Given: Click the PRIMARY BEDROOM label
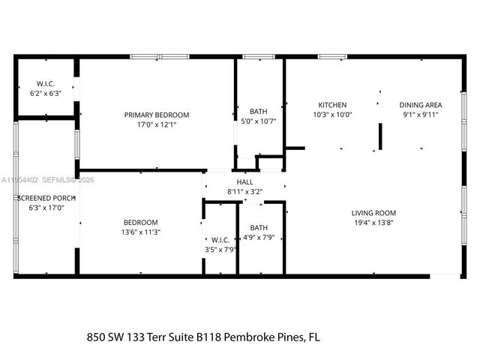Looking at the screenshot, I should coord(157,115).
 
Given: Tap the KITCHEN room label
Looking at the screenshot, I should coord(332,105).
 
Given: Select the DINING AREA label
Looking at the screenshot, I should coord(420,105).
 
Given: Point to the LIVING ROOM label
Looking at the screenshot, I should coord(373,212).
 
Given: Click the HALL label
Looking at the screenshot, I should coord(245,181).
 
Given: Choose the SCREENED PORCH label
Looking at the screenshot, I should coord(46,198).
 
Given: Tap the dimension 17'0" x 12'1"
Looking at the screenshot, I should coord(157,124).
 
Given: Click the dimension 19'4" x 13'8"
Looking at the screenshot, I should coord(373,222).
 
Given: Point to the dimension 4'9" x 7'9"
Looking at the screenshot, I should coord(259,238).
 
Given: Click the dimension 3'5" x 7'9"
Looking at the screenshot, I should coord(220,250).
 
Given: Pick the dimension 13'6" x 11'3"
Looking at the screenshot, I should coord(141,232).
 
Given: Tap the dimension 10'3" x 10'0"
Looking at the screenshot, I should coord(332,115).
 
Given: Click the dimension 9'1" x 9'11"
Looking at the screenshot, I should coord(420,115).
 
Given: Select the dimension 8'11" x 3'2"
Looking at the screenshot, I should coord(245,191).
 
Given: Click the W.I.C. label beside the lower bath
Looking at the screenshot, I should coord(220,240).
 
